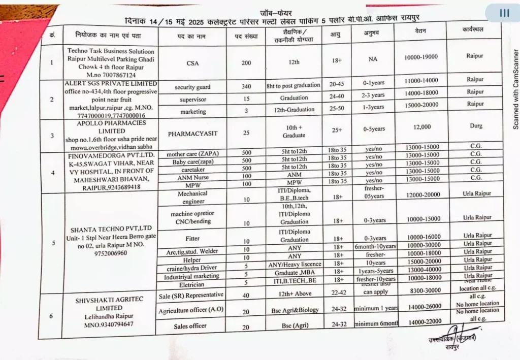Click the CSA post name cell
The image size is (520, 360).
click(192, 63)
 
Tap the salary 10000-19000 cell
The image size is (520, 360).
click(421, 57)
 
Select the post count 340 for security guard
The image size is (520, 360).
click(246, 86)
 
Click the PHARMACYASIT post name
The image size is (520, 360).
click(192, 134)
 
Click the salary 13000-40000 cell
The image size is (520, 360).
click(425, 269)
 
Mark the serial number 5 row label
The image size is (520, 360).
click(54, 242)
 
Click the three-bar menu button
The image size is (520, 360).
click(504, 13)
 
